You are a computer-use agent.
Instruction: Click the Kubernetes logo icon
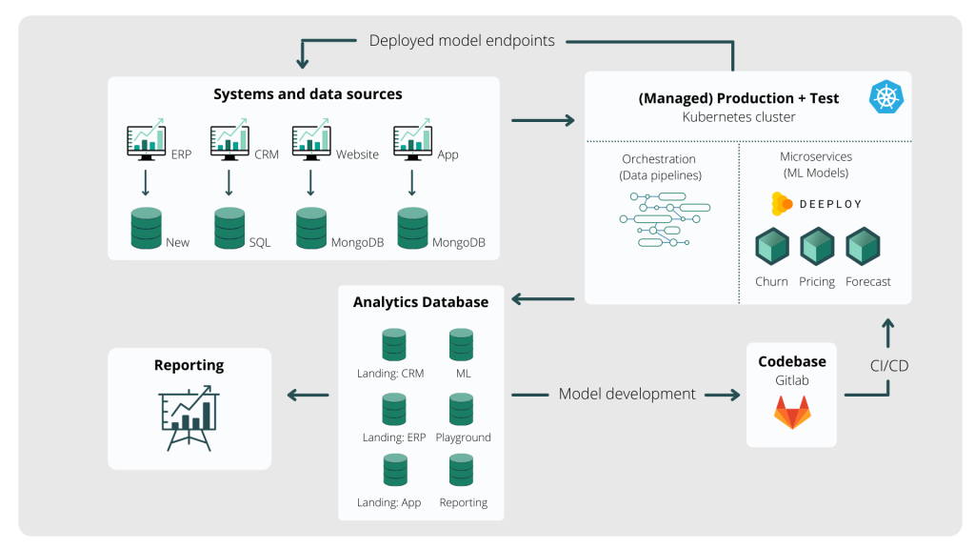point(886,97)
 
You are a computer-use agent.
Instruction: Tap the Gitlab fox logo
point(791,412)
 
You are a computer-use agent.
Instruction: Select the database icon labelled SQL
point(229,229)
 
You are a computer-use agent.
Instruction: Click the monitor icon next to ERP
point(147,140)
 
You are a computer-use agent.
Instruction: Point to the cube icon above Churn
point(772,247)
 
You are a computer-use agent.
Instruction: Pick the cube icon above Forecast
point(863,247)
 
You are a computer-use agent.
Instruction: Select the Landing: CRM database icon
point(393,345)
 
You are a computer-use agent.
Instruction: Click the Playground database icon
point(462,410)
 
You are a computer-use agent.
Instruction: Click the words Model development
point(627,394)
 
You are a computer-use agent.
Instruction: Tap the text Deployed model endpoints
point(462,41)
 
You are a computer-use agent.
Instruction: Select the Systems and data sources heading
point(308,94)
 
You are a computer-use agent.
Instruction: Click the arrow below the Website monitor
point(311,182)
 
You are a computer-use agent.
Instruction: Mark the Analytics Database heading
point(421,302)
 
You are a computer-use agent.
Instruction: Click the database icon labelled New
point(146,229)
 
